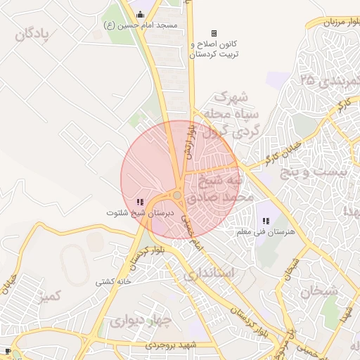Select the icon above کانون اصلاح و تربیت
coord(214,33)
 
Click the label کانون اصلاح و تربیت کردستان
coord(214,49)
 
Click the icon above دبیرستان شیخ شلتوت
coord(139,202)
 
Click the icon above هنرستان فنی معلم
coord(266,221)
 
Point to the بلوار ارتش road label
coord(188,140)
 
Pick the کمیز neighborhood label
coord(53,296)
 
